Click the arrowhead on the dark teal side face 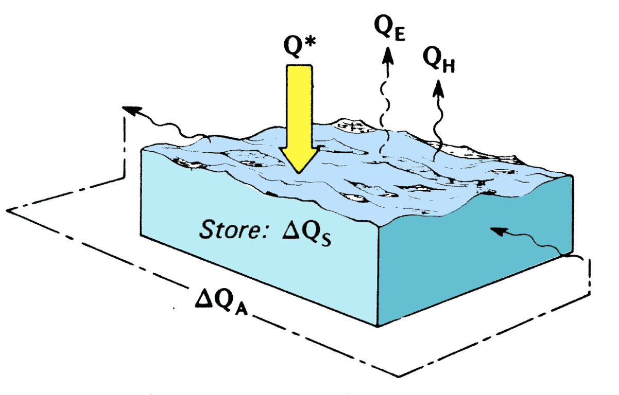click(497, 232)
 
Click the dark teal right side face click(474, 262)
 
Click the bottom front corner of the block click(379, 325)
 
